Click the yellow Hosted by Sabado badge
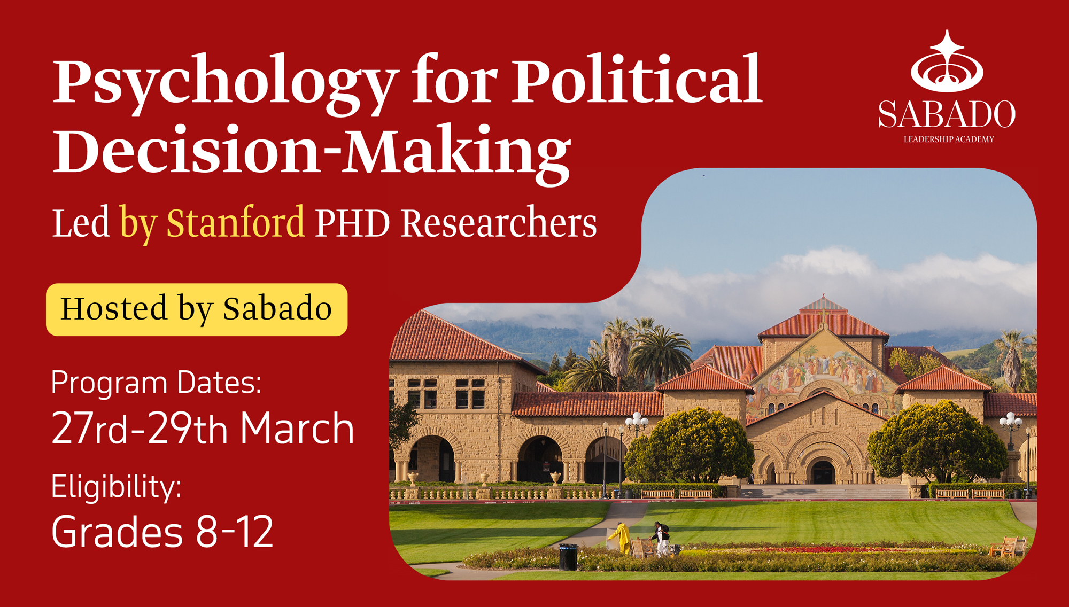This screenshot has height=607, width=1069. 197,309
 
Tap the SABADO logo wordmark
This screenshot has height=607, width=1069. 947,114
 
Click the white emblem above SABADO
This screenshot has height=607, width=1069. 947,61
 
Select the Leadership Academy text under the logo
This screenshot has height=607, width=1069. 949,139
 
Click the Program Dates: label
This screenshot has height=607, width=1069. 156,384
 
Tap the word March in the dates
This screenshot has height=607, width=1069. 297,429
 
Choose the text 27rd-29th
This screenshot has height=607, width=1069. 140,429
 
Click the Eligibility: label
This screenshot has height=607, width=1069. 116,487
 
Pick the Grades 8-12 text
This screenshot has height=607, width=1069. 162,532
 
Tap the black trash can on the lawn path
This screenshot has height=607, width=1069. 568,557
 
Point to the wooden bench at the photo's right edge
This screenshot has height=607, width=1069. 1008,547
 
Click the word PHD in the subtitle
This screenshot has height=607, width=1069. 352,223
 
